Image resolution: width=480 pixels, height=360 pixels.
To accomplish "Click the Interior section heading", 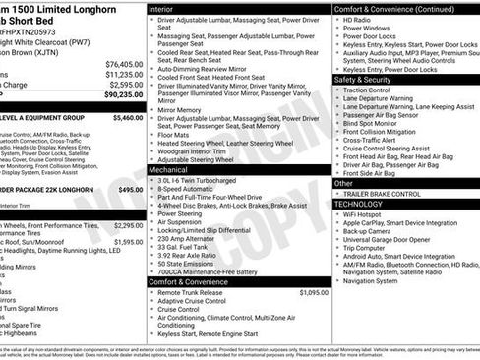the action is pos(162,8).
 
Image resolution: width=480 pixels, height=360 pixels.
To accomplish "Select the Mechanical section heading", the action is pos(170,169).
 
